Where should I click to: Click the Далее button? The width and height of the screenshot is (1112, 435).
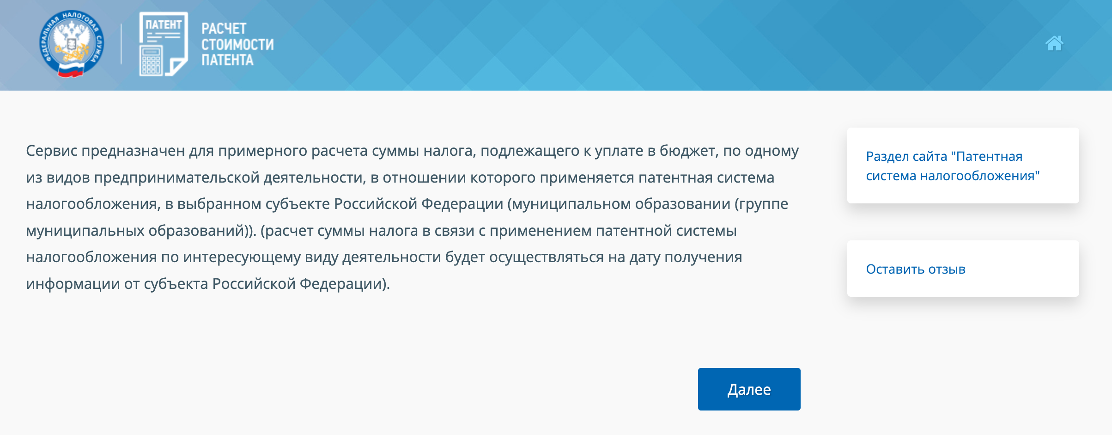click(749, 389)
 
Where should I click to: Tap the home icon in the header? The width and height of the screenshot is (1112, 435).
click(1054, 43)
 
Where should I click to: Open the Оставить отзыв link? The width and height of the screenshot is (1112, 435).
click(916, 269)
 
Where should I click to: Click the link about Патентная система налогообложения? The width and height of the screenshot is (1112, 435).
click(953, 166)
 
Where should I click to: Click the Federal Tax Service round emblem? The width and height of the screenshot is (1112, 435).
click(72, 44)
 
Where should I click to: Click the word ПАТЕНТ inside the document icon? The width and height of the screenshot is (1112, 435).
click(164, 25)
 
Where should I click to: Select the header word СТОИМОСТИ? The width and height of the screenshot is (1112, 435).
click(237, 44)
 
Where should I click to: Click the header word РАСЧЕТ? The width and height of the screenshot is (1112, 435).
click(224, 29)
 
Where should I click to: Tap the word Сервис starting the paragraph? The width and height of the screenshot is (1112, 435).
click(52, 151)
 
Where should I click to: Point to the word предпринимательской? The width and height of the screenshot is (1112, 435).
click(177, 178)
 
